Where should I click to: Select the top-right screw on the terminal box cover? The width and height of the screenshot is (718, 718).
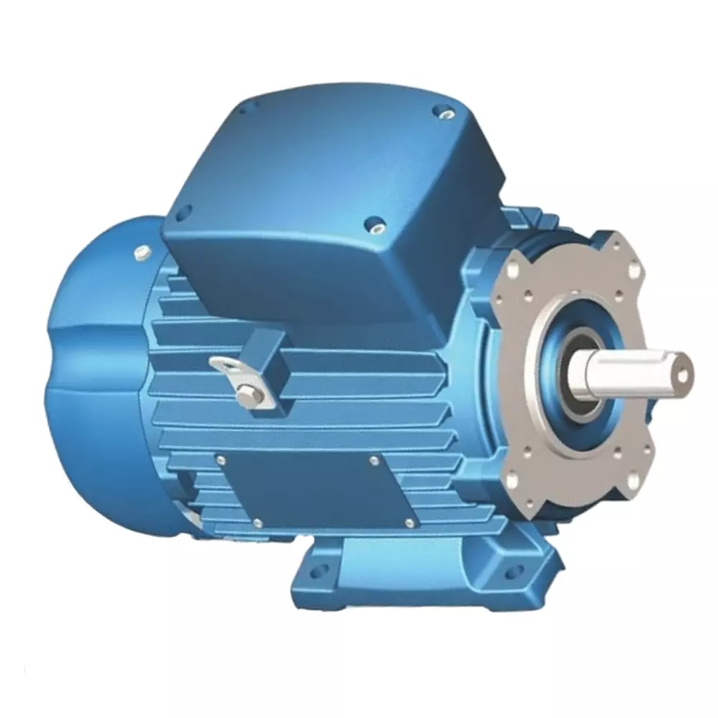[442, 112]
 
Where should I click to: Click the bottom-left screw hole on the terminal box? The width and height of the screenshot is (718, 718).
[182, 212]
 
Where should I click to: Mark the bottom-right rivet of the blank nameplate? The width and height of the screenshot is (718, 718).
[409, 523]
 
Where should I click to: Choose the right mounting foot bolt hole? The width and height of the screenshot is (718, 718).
[512, 572]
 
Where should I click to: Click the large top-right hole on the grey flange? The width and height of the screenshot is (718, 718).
[634, 271]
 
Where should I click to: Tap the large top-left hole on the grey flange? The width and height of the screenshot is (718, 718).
[514, 271]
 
